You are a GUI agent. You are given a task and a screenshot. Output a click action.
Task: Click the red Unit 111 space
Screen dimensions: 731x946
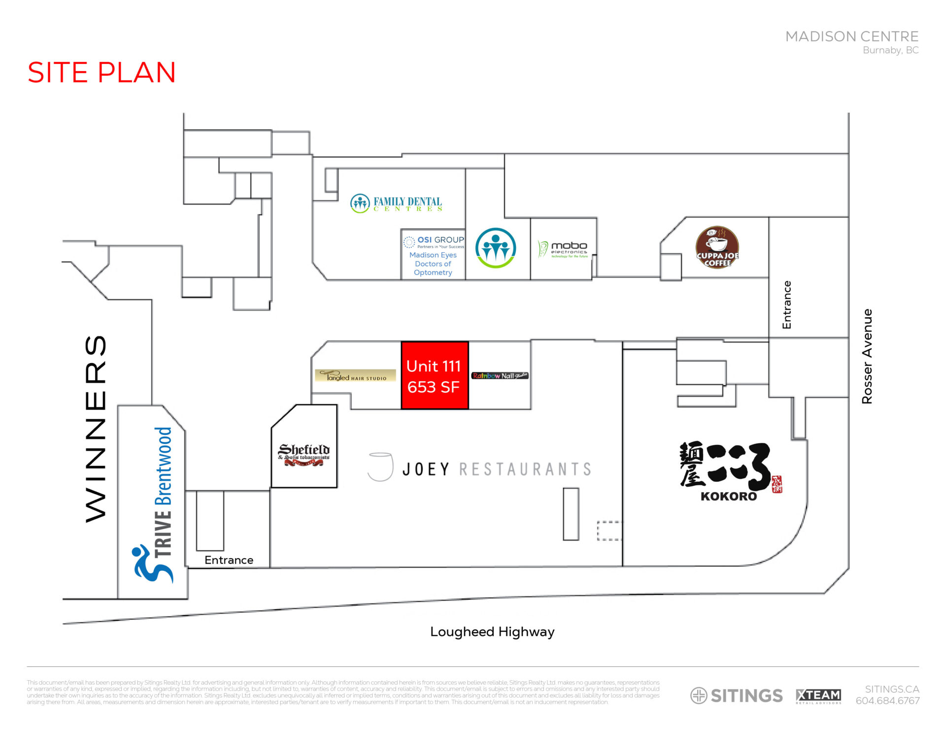[x=434, y=375]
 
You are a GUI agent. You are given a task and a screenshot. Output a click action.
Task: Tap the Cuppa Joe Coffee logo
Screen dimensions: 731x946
[x=717, y=247]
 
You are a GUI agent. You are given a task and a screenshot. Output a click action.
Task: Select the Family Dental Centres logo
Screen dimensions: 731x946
[x=396, y=203]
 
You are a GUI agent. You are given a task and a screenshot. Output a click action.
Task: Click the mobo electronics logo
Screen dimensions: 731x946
[x=563, y=249]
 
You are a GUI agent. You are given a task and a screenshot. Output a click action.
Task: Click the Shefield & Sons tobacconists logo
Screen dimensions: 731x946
[x=304, y=454]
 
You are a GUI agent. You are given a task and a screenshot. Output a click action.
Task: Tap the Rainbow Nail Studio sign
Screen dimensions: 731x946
[x=500, y=376]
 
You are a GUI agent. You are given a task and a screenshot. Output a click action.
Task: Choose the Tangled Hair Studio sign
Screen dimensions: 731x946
[x=355, y=376]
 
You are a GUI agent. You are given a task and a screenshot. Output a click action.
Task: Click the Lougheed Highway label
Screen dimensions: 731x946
[x=492, y=632]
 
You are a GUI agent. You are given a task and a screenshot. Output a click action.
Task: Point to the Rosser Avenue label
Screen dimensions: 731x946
[x=867, y=356]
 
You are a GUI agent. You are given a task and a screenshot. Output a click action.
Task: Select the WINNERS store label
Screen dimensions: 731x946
[x=96, y=428]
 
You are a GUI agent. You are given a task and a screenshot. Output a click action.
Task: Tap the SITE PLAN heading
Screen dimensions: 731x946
[x=101, y=72]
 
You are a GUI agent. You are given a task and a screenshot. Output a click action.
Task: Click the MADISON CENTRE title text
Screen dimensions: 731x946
[x=851, y=36]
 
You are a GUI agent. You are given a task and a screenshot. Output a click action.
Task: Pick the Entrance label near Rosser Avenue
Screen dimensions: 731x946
[x=787, y=305]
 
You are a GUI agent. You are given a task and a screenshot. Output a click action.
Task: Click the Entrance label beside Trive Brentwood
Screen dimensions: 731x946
[x=229, y=560]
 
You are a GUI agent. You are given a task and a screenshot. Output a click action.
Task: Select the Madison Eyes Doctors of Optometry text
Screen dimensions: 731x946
[x=433, y=264]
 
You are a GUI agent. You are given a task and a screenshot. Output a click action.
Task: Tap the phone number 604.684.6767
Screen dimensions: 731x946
[x=887, y=700]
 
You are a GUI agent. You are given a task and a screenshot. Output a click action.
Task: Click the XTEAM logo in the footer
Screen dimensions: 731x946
[x=818, y=696]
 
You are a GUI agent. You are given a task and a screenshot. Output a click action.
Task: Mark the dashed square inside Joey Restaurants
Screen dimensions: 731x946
[x=609, y=531]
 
